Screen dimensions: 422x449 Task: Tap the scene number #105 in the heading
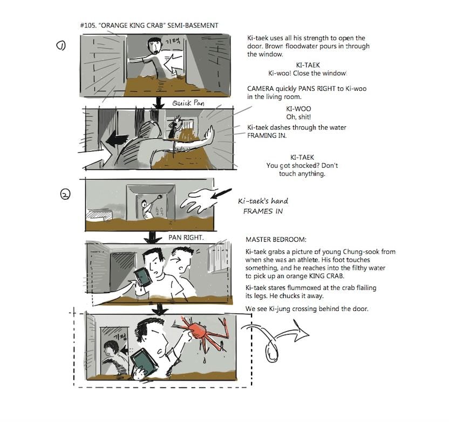tap(87, 25)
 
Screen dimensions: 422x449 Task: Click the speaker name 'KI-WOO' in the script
tap(296, 108)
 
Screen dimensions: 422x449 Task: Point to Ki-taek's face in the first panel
tap(155, 47)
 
